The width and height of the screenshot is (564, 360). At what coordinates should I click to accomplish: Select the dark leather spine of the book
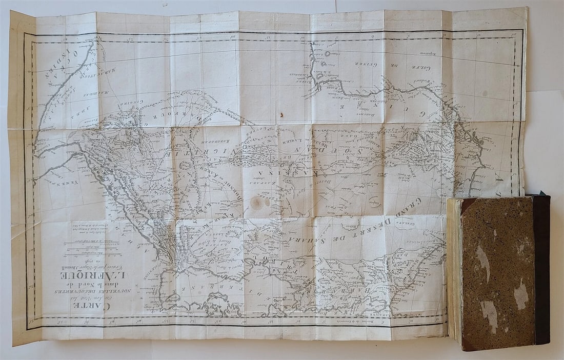tap(541, 269)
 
